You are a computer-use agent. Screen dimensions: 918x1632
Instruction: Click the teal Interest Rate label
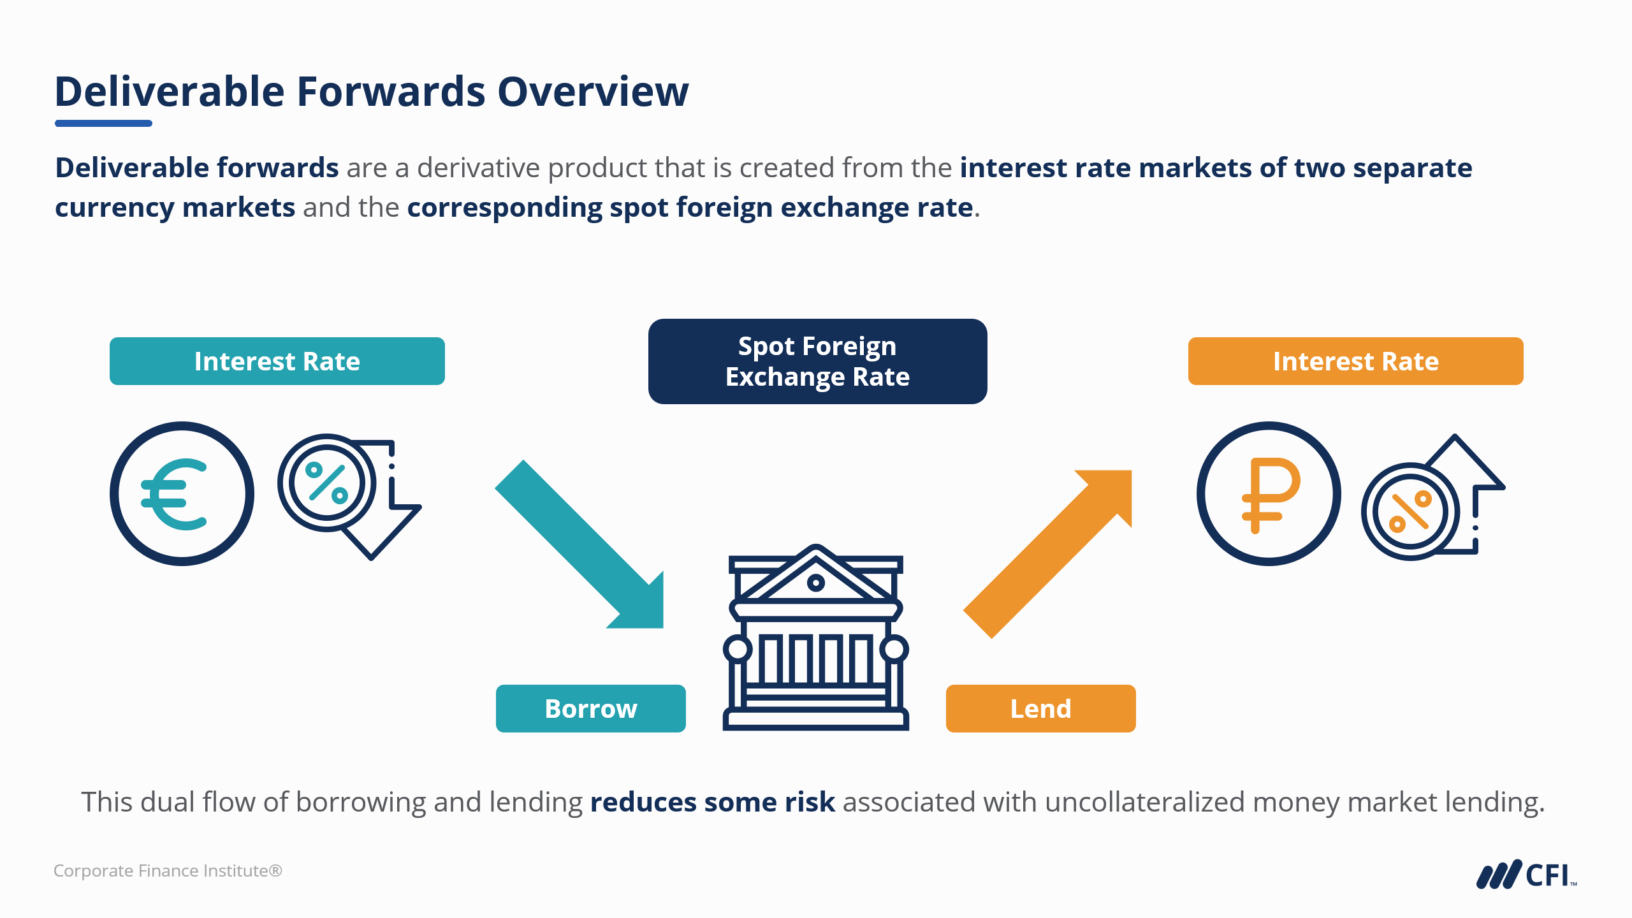277,361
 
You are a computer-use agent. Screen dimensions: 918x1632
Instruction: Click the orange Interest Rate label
1355,361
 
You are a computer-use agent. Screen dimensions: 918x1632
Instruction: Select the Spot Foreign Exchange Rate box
817,361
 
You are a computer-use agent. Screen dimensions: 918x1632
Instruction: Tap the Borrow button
590,708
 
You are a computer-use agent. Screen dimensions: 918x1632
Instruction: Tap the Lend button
1040,708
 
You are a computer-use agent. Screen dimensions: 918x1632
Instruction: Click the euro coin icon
182,493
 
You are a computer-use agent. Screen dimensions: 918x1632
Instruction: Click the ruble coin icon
1269,493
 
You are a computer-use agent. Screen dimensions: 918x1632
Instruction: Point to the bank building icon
816,637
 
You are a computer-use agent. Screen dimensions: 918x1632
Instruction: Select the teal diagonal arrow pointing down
580,545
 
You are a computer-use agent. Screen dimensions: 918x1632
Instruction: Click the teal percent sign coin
327,483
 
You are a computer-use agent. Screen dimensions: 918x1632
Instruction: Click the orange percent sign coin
1410,512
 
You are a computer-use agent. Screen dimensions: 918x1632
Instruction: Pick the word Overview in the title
593,92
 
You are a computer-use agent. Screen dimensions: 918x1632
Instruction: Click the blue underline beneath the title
103,123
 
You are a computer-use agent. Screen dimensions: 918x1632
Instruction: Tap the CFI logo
1526,875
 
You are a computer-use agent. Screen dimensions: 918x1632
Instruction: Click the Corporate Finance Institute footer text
168,871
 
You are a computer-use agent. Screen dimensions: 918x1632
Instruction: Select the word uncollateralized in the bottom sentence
1145,802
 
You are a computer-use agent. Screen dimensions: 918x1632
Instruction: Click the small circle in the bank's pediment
816,582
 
